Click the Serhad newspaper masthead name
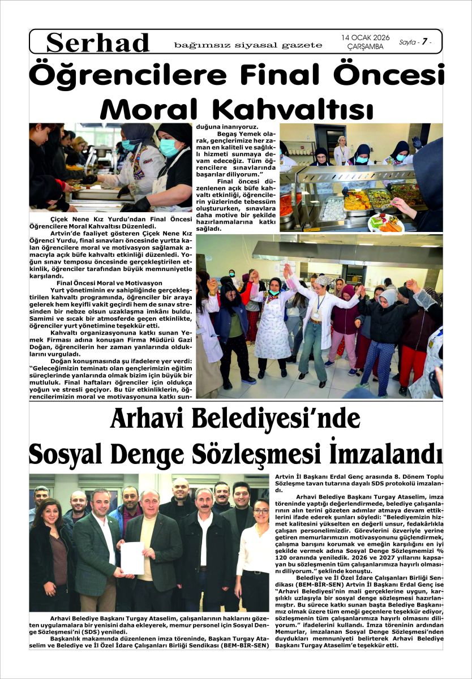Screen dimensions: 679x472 [98, 43]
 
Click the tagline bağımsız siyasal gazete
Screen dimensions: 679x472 [248, 45]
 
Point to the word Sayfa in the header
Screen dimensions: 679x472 [406, 42]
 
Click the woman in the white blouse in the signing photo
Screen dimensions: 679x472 [254, 555]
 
